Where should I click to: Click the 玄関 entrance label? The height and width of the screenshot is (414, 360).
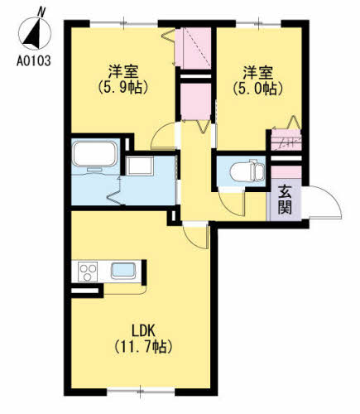pyautogui.click(x=284, y=198)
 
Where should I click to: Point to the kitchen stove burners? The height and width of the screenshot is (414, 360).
pyautogui.click(x=88, y=270)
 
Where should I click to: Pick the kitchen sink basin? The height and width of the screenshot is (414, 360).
pyautogui.click(x=124, y=270)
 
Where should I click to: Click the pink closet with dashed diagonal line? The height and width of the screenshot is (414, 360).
pyautogui.click(x=194, y=50)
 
